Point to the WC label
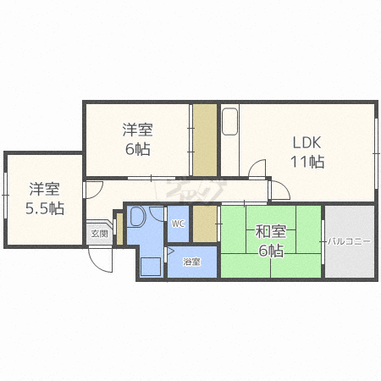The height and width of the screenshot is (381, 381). [178, 224]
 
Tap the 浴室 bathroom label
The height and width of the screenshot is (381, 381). [192, 262]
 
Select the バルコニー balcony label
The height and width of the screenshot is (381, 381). [350, 241]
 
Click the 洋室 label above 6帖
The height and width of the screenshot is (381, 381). [136, 130]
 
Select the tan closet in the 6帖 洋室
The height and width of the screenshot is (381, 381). [203, 139]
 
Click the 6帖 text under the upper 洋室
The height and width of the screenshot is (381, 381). [136, 150]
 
